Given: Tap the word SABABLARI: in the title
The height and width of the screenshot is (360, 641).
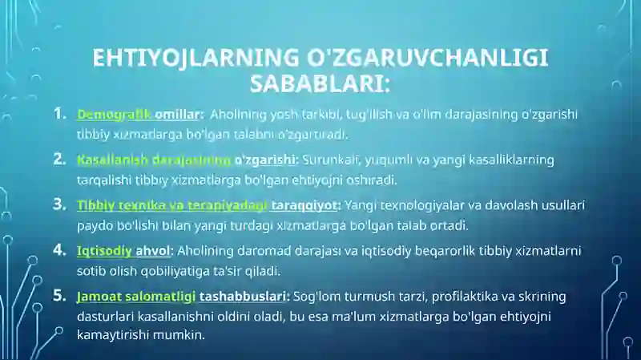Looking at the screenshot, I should tap(320, 83).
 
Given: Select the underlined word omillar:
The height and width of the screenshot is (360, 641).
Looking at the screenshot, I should tap(179, 114).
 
